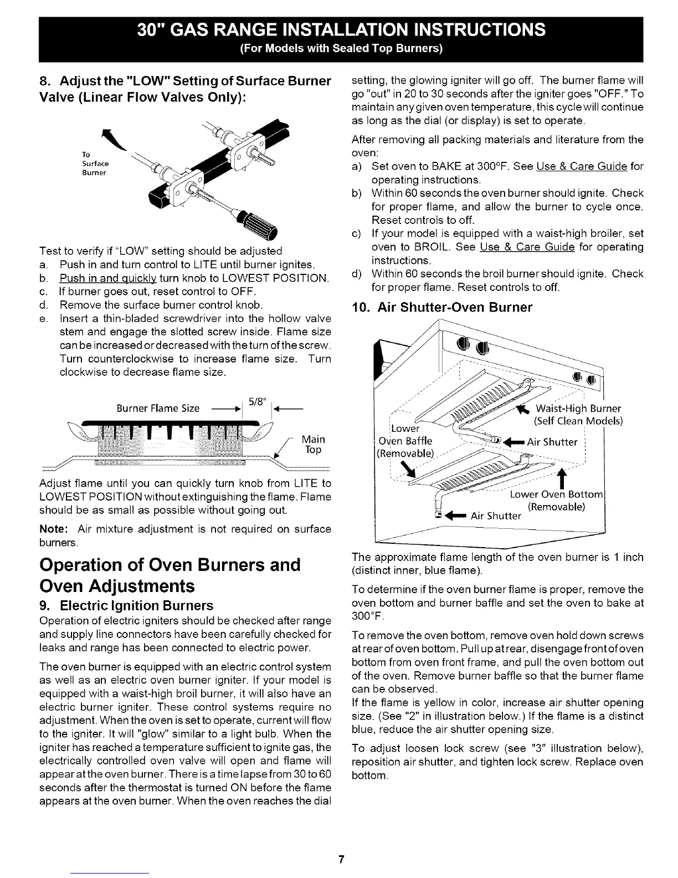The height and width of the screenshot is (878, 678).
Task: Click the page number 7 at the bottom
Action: [x=341, y=860]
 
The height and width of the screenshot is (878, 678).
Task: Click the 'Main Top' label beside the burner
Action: [x=313, y=445]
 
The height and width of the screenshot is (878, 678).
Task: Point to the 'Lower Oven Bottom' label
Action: [x=556, y=494]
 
